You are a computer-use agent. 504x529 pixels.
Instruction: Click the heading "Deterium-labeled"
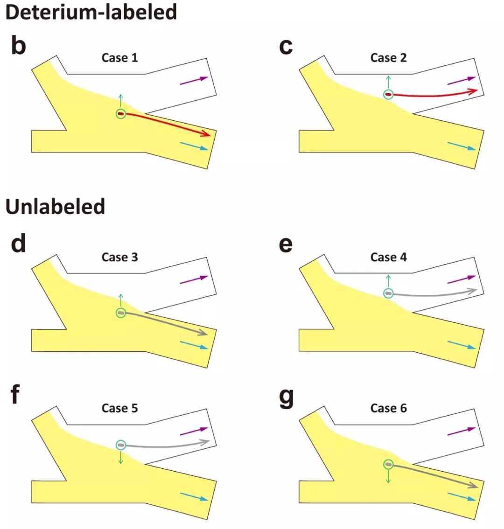tap(91, 11)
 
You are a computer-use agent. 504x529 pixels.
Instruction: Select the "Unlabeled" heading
tap(56, 207)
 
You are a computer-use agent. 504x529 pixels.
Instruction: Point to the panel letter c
tap(285, 47)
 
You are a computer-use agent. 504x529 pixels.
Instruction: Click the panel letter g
tap(286, 397)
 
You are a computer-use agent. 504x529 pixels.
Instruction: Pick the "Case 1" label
tap(119, 58)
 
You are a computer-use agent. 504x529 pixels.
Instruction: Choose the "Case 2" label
tap(388, 58)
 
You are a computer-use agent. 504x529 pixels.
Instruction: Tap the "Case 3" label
tap(119, 257)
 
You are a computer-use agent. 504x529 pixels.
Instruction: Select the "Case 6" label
tap(388, 408)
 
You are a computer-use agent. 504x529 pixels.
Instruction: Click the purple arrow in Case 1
tap(194, 80)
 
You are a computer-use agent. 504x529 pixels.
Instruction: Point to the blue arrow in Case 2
tap(462, 146)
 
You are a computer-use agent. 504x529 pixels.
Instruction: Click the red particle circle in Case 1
tap(121, 113)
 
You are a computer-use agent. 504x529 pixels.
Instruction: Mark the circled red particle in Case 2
tap(388, 95)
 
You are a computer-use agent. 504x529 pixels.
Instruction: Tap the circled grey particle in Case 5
tap(121, 445)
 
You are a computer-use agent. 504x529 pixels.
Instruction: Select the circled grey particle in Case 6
tap(388, 464)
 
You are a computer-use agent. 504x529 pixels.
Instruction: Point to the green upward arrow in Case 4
tap(388, 281)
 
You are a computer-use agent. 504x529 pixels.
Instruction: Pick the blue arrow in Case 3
tap(194, 345)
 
